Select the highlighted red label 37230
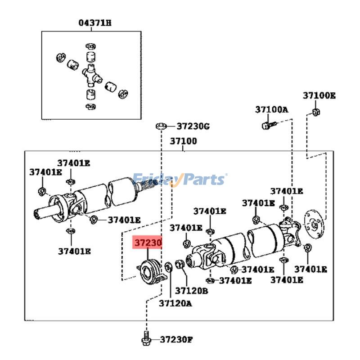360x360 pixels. point(147,243)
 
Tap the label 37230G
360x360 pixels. point(193,126)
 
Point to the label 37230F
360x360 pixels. point(176,339)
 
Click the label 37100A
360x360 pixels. point(271,109)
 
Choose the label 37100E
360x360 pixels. point(319,96)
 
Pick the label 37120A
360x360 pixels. point(175,303)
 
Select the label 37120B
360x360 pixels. point(191,290)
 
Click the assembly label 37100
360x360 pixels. point(183,141)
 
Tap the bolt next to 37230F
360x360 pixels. point(146,338)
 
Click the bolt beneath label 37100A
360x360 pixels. point(265,125)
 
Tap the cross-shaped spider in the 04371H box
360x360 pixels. point(91,75)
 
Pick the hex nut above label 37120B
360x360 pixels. point(178,265)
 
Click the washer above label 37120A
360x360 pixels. point(168,266)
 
